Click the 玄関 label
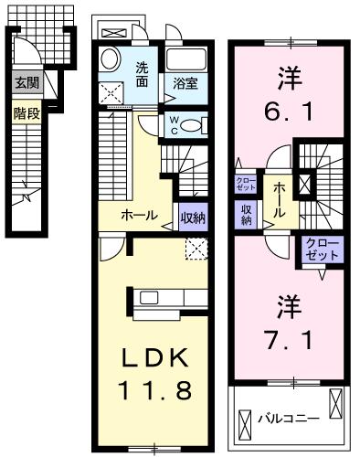tap(25, 81)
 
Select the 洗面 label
tap(143, 73)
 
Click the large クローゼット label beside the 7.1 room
tap(321, 249)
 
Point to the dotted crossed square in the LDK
tap(195, 248)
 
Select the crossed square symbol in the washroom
tap(115, 92)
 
